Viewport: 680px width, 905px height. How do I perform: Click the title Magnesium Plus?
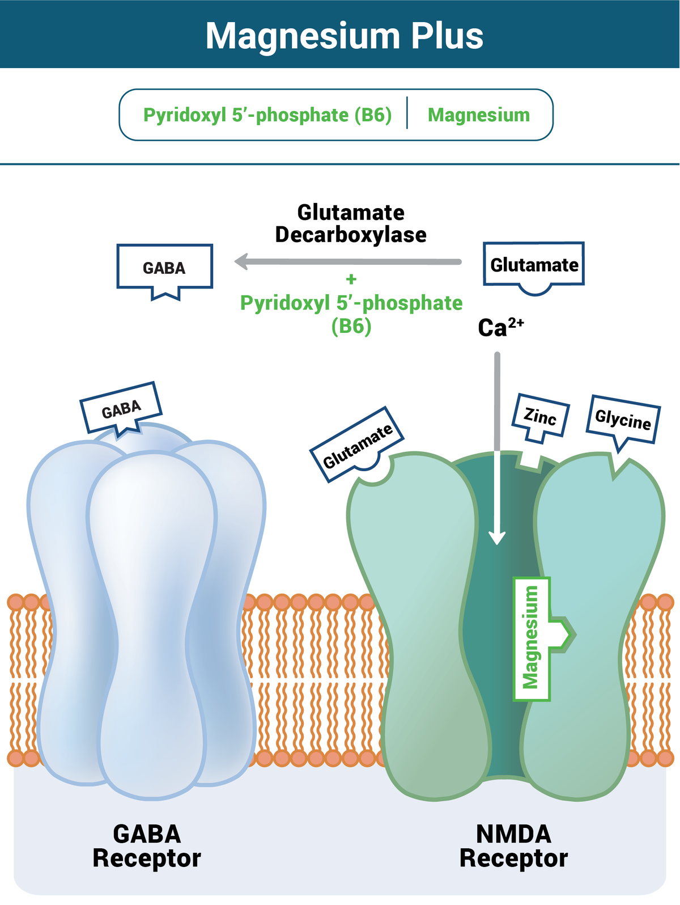344,36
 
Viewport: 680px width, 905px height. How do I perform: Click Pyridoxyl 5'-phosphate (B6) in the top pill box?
267,115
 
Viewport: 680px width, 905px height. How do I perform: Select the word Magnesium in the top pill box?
479,115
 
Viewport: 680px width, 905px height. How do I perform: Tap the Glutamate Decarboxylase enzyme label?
351,223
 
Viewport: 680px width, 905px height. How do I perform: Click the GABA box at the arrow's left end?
164,268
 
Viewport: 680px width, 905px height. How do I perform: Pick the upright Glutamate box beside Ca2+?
534,265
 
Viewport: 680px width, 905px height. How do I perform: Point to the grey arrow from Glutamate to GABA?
351,262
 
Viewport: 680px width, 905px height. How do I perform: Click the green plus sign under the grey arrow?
351,279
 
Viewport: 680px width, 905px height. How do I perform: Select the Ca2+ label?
500,327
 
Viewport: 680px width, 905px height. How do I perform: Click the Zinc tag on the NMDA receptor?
540,418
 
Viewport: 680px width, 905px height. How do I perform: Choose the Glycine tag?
623,420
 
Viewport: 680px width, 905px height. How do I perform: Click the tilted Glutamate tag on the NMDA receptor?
357,446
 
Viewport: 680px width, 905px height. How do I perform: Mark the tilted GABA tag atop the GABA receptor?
121,409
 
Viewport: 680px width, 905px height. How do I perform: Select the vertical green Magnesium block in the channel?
532,638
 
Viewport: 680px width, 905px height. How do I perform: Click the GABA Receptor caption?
147,846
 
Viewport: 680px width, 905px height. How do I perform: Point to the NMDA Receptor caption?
513,846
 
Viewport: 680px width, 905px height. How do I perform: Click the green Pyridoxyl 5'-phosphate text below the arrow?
351,303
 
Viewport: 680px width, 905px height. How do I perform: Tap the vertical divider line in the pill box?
407,113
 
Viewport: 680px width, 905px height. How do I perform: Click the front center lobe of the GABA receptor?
152,624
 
